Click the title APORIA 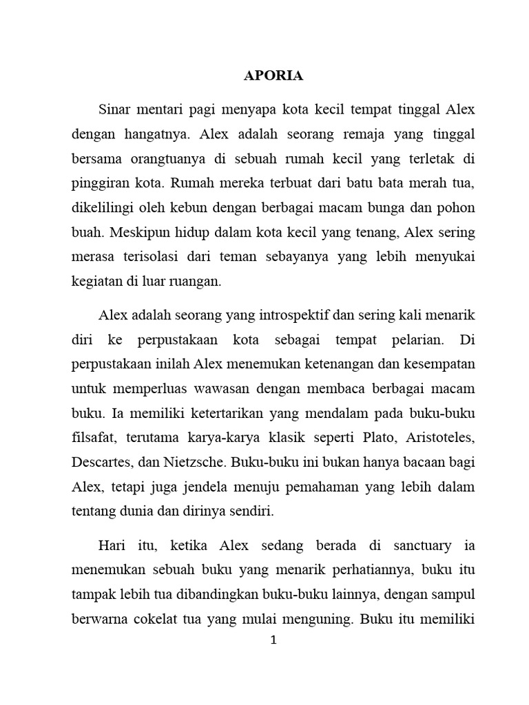pos(273,76)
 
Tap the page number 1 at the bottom pos(273,640)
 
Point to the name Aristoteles pos(437,438)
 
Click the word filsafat pos(94,438)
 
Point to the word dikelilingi pos(103,207)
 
